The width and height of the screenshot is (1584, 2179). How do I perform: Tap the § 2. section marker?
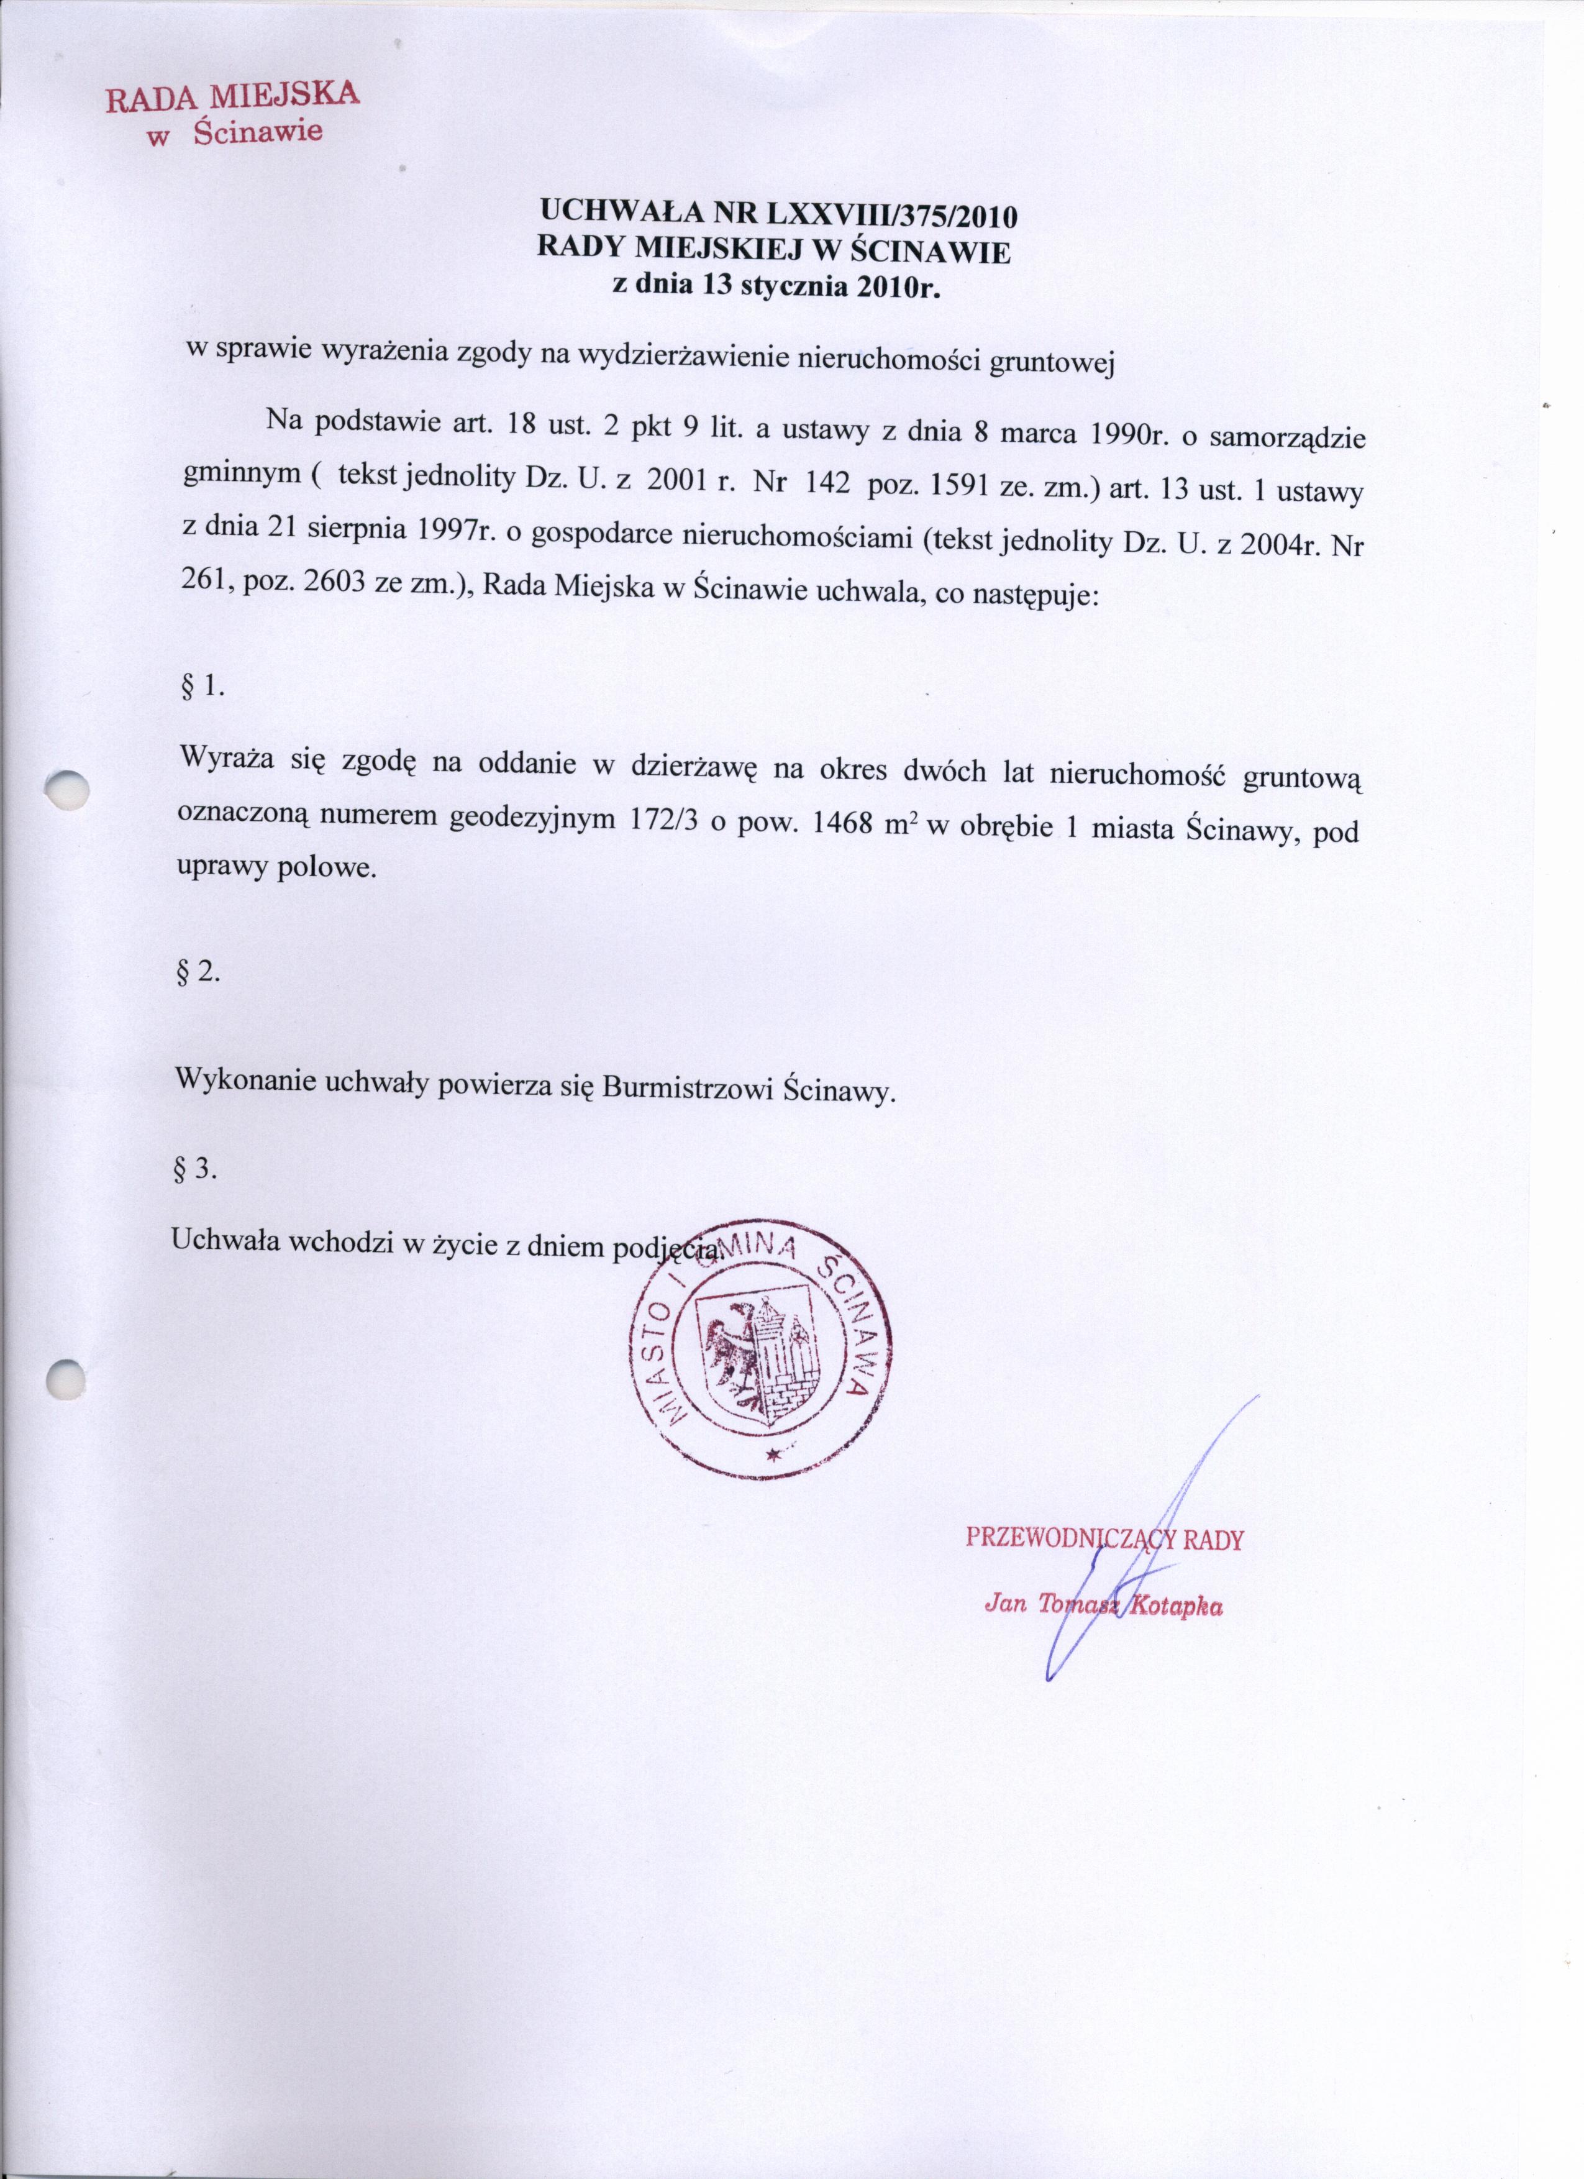tap(199, 972)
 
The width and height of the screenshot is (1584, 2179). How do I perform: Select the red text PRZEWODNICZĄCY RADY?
tap(1104, 1539)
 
